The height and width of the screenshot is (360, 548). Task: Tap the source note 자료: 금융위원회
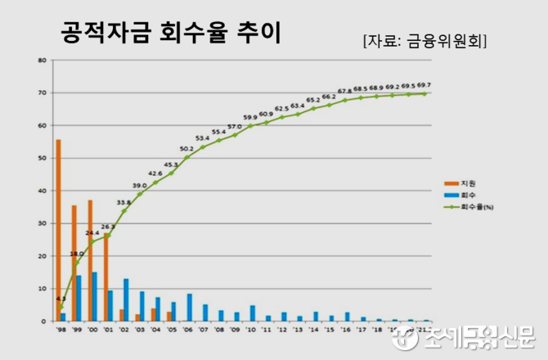(x=424, y=40)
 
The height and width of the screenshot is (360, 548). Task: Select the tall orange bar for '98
(x=58, y=230)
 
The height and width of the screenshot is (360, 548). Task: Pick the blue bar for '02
(x=126, y=299)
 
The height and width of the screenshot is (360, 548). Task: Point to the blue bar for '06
(x=189, y=307)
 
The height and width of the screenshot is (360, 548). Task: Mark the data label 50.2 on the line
(x=186, y=149)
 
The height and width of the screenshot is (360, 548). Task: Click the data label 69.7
(x=424, y=85)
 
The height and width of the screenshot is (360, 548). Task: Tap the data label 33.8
(x=124, y=202)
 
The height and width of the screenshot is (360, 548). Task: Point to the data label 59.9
(x=250, y=118)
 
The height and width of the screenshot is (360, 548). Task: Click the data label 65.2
(x=313, y=101)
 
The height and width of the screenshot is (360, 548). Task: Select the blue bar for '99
(x=79, y=298)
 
